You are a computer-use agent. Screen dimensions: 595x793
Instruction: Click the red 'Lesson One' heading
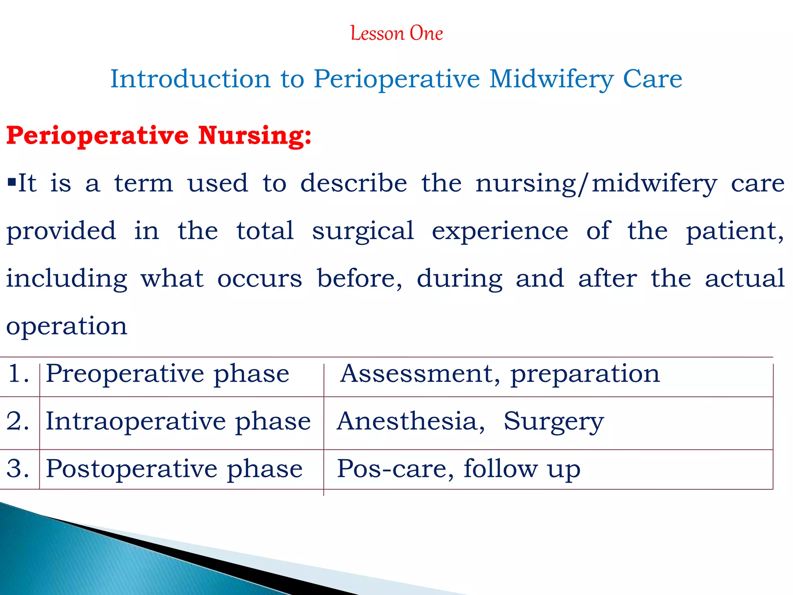click(396, 33)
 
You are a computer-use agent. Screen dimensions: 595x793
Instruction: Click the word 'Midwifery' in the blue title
click(551, 79)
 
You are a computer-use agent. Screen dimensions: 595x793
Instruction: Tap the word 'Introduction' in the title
click(190, 79)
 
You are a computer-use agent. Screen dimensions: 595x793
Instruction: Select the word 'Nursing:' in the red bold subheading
click(254, 136)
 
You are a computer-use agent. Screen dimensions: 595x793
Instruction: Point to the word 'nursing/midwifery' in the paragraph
click(596, 184)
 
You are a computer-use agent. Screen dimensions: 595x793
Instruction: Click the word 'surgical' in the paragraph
click(363, 231)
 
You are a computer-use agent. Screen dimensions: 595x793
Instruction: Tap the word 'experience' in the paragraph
click(500, 231)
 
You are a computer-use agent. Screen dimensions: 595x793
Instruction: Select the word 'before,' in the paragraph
click(360, 279)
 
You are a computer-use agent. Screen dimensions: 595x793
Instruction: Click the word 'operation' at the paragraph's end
click(67, 326)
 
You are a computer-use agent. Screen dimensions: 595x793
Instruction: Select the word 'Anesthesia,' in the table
click(411, 421)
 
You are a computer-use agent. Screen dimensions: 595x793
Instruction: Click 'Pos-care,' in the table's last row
click(395, 469)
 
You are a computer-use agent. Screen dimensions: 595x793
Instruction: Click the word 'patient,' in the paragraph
click(735, 231)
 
